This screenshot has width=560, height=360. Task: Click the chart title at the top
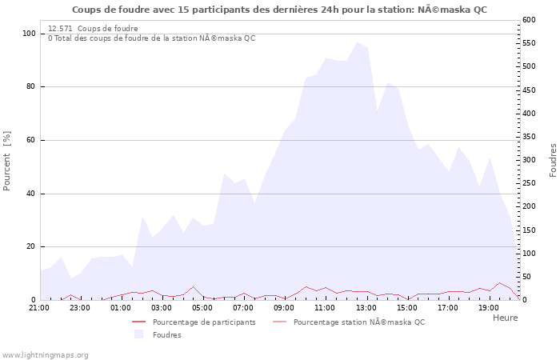[278, 10]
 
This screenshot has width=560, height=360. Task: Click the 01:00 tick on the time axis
[121, 307]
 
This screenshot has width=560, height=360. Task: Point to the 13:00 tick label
[366, 307]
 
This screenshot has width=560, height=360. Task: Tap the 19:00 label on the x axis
[488, 307]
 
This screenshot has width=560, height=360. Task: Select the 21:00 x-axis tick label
[39, 307]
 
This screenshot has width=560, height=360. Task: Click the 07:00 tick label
[243, 307]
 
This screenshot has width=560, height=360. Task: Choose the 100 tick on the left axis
[29, 34]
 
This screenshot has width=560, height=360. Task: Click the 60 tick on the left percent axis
[31, 140]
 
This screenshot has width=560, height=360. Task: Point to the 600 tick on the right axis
[529, 20]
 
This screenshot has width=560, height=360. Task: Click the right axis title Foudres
[553, 160]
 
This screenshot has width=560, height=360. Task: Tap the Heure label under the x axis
[505, 318]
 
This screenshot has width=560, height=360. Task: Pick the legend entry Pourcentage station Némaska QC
[359, 322]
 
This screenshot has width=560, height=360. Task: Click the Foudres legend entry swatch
[138, 334]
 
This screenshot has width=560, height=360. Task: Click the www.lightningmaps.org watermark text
[46, 355]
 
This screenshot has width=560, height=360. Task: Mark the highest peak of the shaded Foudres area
[357, 42]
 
